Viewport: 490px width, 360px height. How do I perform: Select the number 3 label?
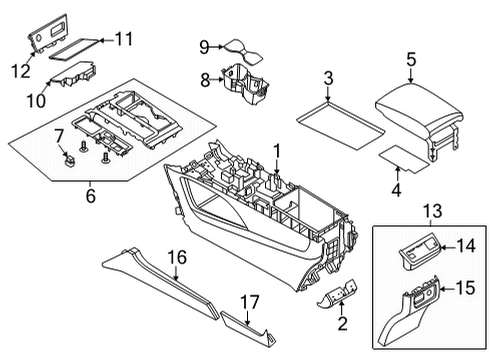327,78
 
